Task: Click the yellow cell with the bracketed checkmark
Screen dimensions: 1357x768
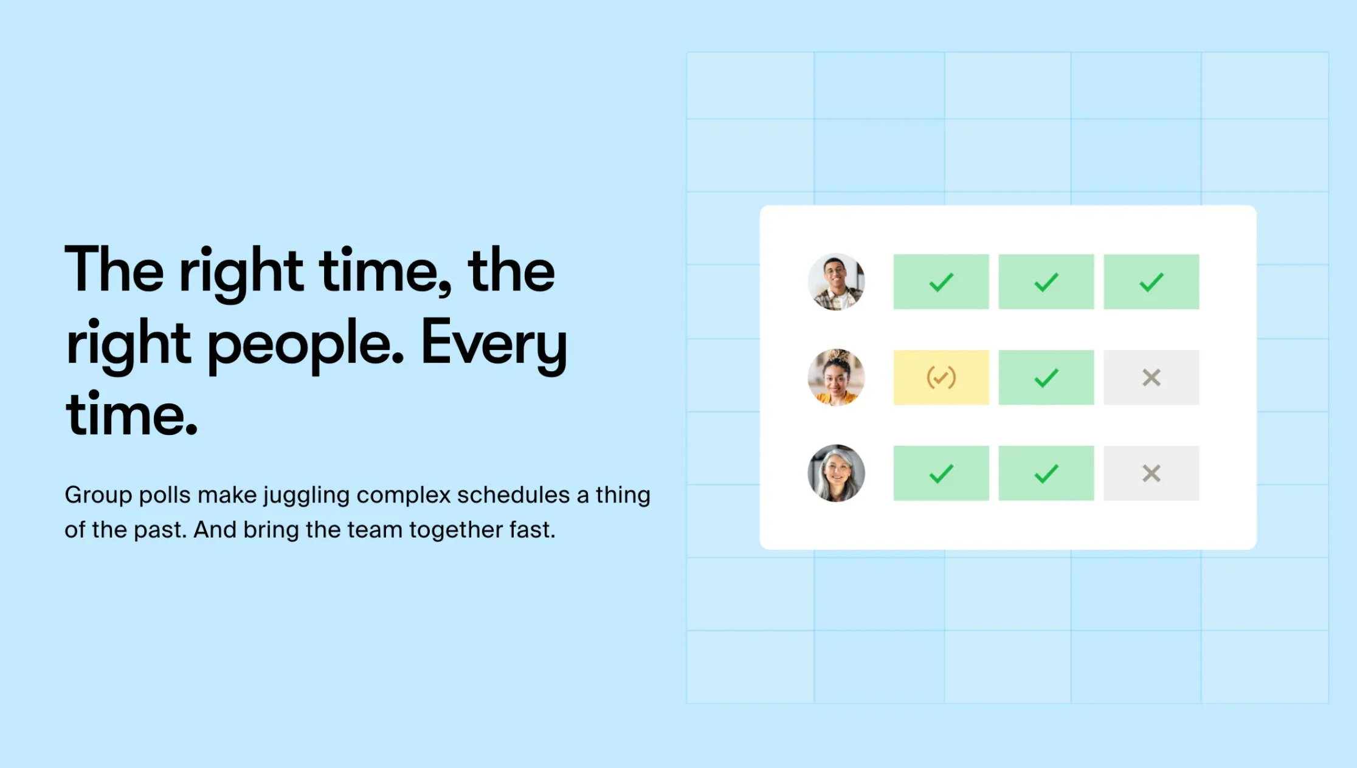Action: point(941,377)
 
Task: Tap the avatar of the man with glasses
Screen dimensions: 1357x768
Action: point(837,282)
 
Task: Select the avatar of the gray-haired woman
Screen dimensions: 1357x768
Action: point(837,473)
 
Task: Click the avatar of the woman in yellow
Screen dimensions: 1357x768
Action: point(837,377)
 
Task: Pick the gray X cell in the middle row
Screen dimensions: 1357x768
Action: point(1152,377)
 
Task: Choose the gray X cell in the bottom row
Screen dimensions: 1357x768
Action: point(1152,473)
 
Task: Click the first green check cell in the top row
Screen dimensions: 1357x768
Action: point(941,282)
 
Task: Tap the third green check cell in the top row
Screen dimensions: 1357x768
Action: point(1152,282)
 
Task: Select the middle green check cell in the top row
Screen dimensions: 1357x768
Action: point(1046,282)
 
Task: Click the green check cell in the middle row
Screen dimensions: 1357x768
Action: point(1046,377)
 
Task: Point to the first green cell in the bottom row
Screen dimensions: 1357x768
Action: point(941,473)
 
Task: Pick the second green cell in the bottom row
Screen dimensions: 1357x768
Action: point(1046,473)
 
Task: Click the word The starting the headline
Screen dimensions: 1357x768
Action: point(114,269)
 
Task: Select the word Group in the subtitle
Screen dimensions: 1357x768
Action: point(98,496)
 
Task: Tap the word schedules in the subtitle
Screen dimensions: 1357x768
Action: point(513,495)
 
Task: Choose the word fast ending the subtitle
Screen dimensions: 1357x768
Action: point(533,530)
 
